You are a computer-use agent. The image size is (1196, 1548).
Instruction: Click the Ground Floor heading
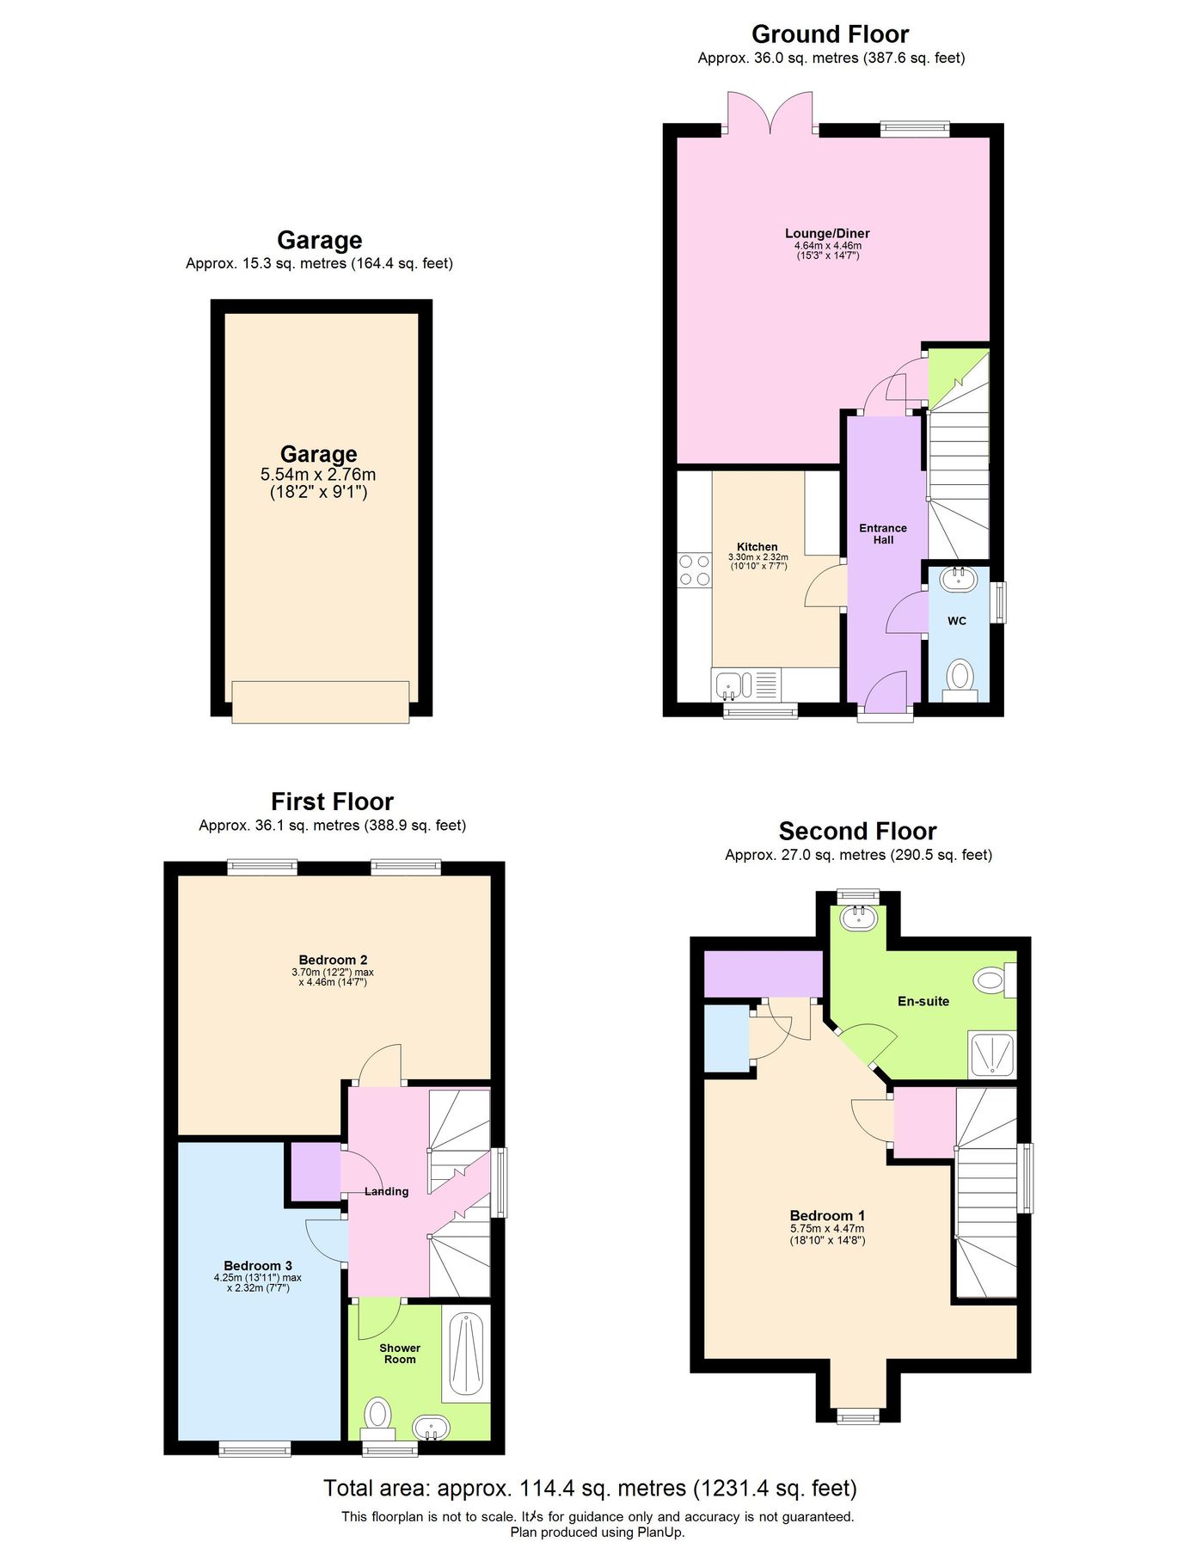click(830, 34)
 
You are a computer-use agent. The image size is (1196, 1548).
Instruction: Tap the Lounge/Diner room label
click(827, 233)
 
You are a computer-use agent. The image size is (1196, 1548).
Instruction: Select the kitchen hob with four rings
click(694, 570)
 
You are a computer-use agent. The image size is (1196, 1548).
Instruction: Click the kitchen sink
click(729, 685)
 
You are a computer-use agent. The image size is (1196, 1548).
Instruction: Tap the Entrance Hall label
click(883, 534)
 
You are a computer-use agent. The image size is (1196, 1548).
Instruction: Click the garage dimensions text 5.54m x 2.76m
click(318, 475)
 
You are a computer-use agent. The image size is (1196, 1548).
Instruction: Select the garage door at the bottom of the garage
click(320, 702)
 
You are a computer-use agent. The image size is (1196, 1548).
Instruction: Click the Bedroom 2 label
click(333, 960)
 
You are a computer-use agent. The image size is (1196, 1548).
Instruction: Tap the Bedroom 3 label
click(258, 1265)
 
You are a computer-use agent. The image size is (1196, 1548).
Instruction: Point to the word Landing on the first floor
click(386, 1191)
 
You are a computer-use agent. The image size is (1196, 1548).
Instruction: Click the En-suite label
click(923, 1001)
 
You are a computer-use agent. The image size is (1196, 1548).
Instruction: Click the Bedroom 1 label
click(827, 1215)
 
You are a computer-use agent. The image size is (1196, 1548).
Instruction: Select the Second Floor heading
click(857, 832)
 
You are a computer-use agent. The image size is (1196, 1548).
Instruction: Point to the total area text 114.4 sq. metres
click(590, 1488)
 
